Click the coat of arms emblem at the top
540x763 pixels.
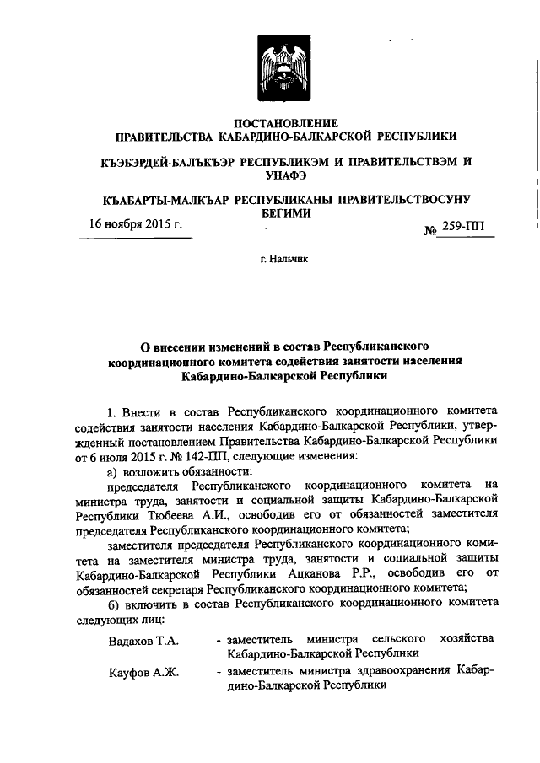285,71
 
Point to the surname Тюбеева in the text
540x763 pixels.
200,513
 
